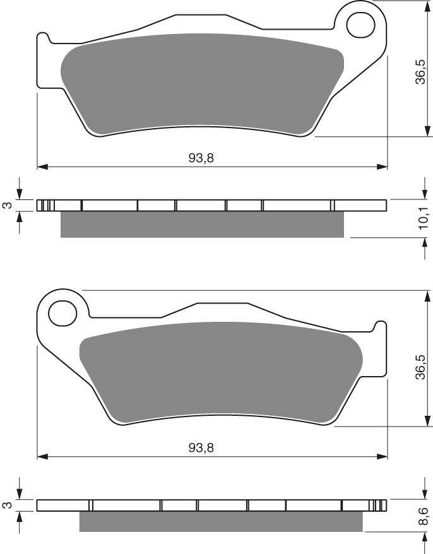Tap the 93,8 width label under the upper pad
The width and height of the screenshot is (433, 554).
(x=201, y=158)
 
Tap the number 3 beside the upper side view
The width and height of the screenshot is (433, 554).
(x=7, y=206)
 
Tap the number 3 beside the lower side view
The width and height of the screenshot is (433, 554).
(x=7, y=505)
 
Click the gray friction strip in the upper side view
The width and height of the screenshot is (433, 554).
(x=202, y=225)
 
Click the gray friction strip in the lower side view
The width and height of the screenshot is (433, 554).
(x=221, y=521)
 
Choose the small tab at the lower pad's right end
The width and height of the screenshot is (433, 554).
(x=381, y=327)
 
